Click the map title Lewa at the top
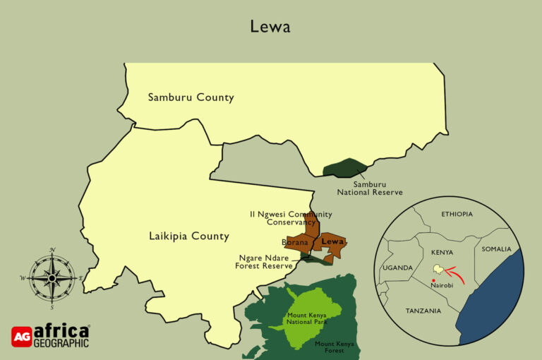(270, 26)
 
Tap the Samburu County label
(191, 97)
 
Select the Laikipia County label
(189, 236)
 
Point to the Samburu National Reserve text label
(369, 188)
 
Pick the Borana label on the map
(295, 242)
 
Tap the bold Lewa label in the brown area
(332, 241)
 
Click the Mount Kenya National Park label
(306, 318)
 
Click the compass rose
(52, 277)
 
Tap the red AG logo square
(22, 337)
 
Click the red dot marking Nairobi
(433, 280)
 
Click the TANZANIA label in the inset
(423, 311)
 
